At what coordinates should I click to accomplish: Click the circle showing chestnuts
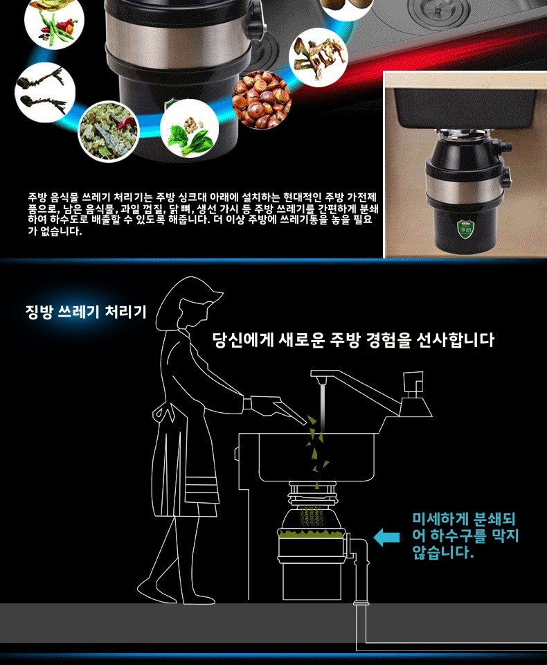click(x=262, y=100)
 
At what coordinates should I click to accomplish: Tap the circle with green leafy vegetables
click(x=189, y=129)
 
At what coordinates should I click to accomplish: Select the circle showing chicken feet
click(x=45, y=92)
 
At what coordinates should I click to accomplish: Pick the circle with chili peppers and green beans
click(x=54, y=21)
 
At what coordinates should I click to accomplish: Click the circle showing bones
click(x=319, y=57)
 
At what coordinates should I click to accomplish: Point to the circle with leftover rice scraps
click(x=109, y=132)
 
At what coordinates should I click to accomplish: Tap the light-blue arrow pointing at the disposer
click(x=386, y=537)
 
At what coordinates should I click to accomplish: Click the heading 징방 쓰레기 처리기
click(x=86, y=312)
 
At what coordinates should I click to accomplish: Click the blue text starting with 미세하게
click(x=465, y=535)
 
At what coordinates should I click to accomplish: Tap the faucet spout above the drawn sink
click(x=339, y=380)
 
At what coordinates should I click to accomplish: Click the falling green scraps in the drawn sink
click(x=317, y=443)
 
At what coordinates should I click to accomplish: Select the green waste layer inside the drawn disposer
click(x=311, y=533)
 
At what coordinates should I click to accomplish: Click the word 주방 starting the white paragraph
click(x=37, y=197)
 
